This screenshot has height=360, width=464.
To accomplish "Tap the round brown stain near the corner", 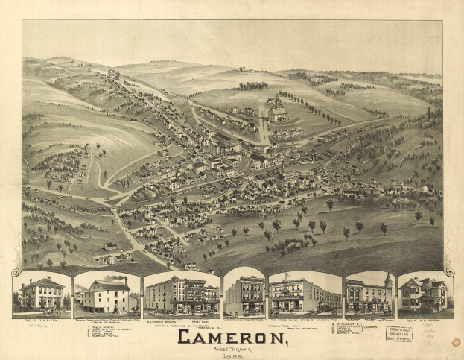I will click(456, 342).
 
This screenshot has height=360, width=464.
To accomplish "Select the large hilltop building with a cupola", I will click(277, 111).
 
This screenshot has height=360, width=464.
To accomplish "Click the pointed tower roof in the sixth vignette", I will click(387, 278).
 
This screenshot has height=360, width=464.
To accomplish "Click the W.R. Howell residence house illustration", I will click(425, 294).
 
